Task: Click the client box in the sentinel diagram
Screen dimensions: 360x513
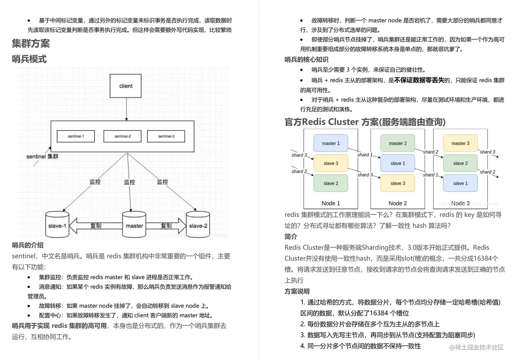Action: pos(126,86)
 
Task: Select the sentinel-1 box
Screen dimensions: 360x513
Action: pos(76,136)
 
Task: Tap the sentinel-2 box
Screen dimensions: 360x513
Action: pos(122,136)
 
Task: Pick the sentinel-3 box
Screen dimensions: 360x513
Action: pos(166,136)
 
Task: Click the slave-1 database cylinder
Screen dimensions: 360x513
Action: pos(57,225)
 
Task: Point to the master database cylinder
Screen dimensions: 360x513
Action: pos(134,225)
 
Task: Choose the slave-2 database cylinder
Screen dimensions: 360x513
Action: pos(198,225)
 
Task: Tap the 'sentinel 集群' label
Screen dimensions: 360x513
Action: pos(42,157)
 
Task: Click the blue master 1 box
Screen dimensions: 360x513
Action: pos(331,143)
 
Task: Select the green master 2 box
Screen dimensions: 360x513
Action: pos(398,143)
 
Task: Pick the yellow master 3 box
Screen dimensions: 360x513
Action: pos(460,143)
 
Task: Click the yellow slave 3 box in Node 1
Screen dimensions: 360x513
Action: pos(331,163)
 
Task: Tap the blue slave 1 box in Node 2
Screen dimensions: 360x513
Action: pos(398,163)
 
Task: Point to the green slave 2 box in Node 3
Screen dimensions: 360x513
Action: pos(460,163)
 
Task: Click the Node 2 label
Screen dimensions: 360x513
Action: pos(398,203)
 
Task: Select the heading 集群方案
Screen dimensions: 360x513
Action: pos(31,43)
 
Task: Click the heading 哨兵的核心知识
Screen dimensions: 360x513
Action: pos(306,60)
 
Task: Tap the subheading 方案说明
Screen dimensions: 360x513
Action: pos(297,292)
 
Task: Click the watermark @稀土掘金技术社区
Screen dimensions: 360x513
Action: pos(476,347)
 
